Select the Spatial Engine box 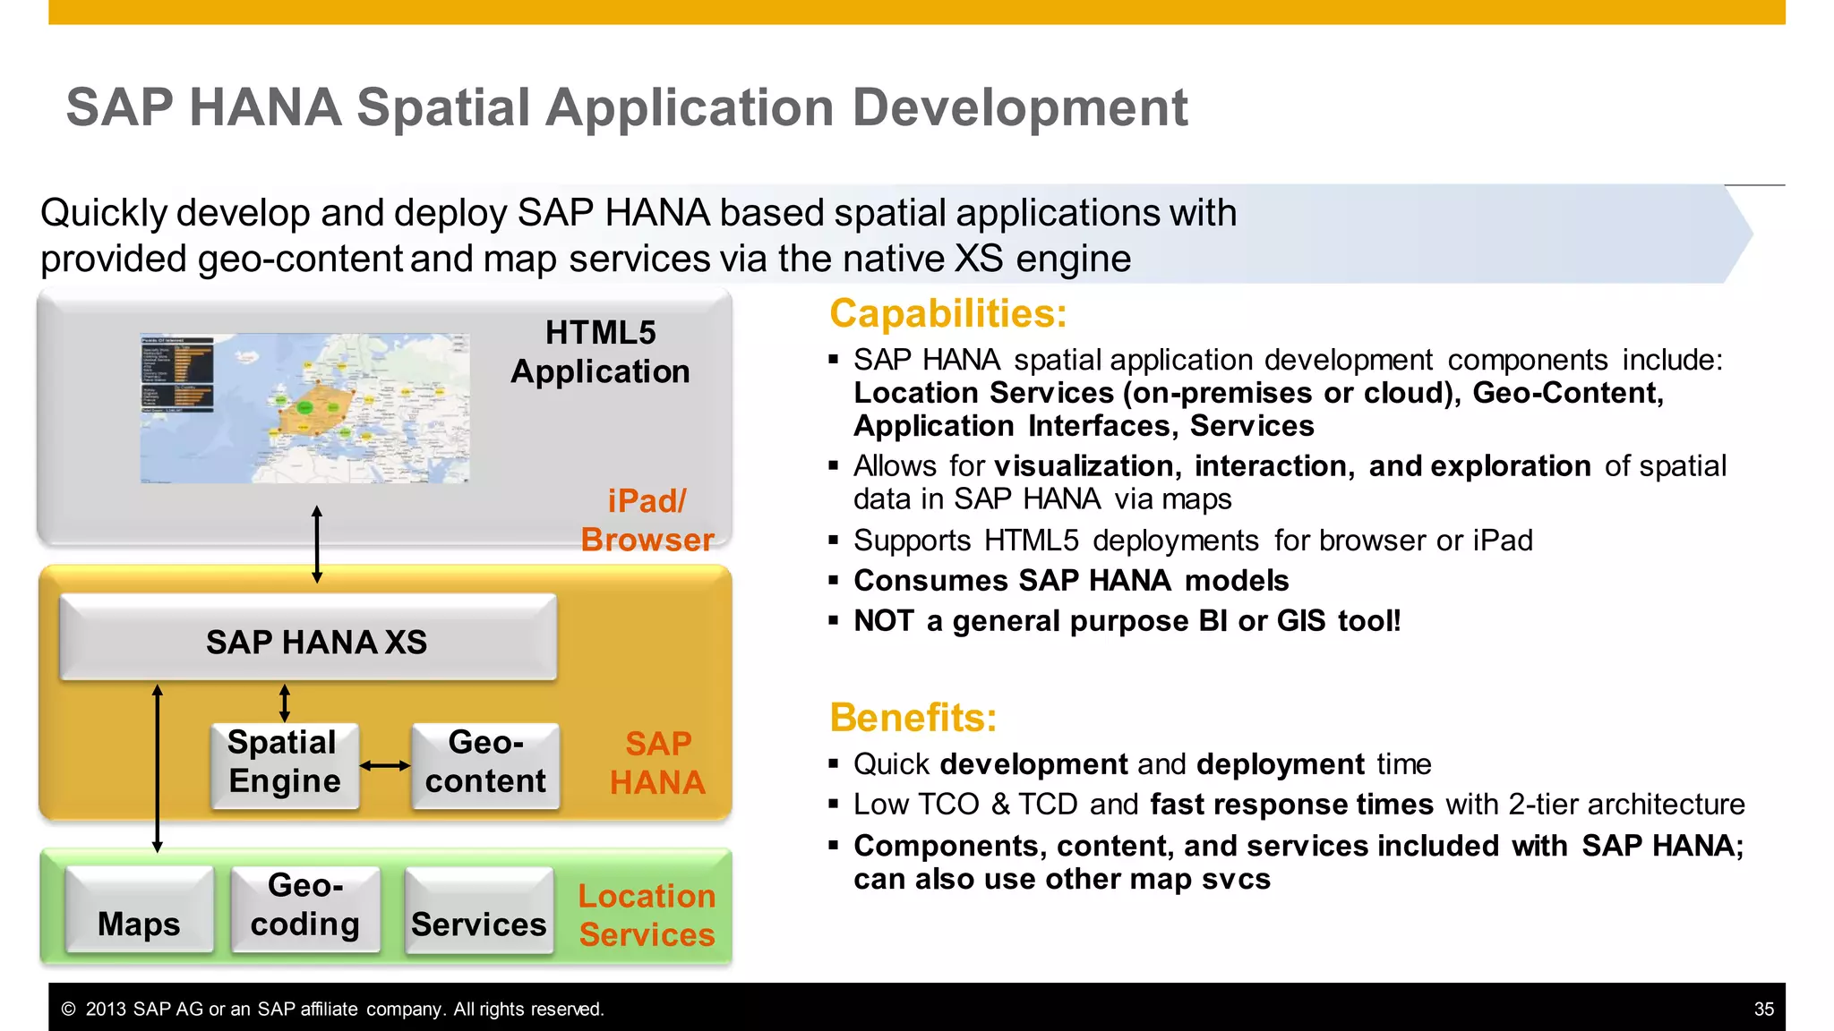pyautogui.click(x=285, y=763)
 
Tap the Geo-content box pyautogui.click(x=485, y=763)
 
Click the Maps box pyautogui.click(x=140, y=909)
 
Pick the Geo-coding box pyautogui.click(x=305, y=906)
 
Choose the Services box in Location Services pyautogui.click(x=479, y=911)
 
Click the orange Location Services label pyautogui.click(x=647, y=915)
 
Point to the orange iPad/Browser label pyautogui.click(x=647, y=520)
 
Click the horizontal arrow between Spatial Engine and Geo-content pyautogui.click(x=385, y=765)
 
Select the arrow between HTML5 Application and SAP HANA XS pyautogui.click(x=317, y=544)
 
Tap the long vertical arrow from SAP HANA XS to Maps pyautogui.click(x=158, y=768)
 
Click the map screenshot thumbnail pyautogui.click(x=304, y=408)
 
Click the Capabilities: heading pyautogui.click(x=947, y=314)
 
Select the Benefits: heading pyautogui.click(x=913, y=718)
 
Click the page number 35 pyautogui.click(x=1763, y=1009)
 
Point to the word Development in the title pyautogui.click(x=1019, y=108)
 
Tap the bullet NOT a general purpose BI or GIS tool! pyautogui.click(x=1127, y=620)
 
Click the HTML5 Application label pyautogui.click(x=600, y=352)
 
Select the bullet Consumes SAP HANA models pyautogui.click(x=1071, y=580)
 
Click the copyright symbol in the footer pyautogui.click(x=68, y=1009)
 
